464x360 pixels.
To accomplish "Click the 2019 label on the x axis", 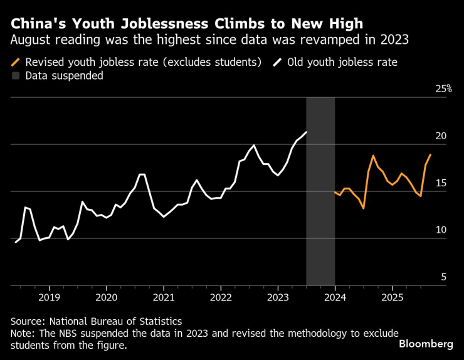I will [x=49, y=297].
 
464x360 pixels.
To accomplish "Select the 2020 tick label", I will [x=106, y=297].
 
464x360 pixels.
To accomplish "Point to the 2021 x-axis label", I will [x=164, y=297].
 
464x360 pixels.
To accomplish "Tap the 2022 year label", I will [x=221, y=297].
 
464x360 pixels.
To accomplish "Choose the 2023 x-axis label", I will [x=278, y=297].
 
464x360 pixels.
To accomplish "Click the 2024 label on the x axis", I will [x=335, y=297].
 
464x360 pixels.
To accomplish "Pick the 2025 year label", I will [x=392, y=297].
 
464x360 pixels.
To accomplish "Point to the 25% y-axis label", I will [x=443, y=89].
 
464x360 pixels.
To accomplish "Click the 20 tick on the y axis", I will [x=440, y=136].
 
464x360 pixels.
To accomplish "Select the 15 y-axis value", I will [x=440, y=183].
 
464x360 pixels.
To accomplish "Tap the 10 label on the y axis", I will [x=440, y=230].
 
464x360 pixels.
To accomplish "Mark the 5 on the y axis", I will [x=443, y=277].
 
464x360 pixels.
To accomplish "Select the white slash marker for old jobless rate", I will [x=278, y=62].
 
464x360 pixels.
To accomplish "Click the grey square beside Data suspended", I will [x=16, y=76].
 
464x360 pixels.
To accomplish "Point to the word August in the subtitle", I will [x=31, y=41].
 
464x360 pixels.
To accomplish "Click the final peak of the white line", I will [x=306, y=132].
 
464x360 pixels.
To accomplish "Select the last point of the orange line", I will [x=430, y=154].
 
